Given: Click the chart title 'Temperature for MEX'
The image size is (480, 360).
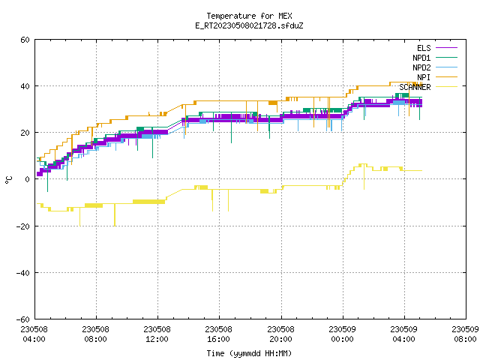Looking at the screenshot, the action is pos(249,16).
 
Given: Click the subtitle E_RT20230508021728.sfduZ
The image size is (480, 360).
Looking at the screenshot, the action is pos(249,25).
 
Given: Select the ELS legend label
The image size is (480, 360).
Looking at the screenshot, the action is pos(424,48).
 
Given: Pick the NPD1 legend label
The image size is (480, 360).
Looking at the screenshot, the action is pos(421,58).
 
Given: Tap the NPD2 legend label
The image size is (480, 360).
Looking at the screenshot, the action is pos(421,67).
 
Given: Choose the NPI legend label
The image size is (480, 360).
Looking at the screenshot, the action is pos(424,77).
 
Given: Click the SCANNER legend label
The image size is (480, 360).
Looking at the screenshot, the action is pos(415,87).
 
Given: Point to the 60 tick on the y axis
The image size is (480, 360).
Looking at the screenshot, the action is pos(25,40).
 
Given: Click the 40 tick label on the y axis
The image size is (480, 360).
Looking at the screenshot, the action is pos(25,86).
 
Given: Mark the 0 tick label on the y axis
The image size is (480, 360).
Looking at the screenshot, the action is pos(27,179).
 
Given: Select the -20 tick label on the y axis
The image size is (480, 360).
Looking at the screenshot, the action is pos(23,226).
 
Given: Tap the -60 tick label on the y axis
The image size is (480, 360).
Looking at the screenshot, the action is pos(23,319).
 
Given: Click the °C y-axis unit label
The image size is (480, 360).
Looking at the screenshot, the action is pos(9,180).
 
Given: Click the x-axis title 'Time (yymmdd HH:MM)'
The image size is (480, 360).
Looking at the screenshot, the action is pos(249,353).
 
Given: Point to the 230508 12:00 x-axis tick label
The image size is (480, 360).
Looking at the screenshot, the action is pos(157,334).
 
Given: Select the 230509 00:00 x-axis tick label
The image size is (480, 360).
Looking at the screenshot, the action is pos(342,334).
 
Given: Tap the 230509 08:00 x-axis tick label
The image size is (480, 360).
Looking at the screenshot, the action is pos(465,334).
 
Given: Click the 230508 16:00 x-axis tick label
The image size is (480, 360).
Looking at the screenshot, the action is pos(218,334).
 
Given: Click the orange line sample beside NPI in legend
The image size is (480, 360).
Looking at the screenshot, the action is pos(447,76).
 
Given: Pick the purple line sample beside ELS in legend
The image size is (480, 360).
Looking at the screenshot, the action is pos(447,47).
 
